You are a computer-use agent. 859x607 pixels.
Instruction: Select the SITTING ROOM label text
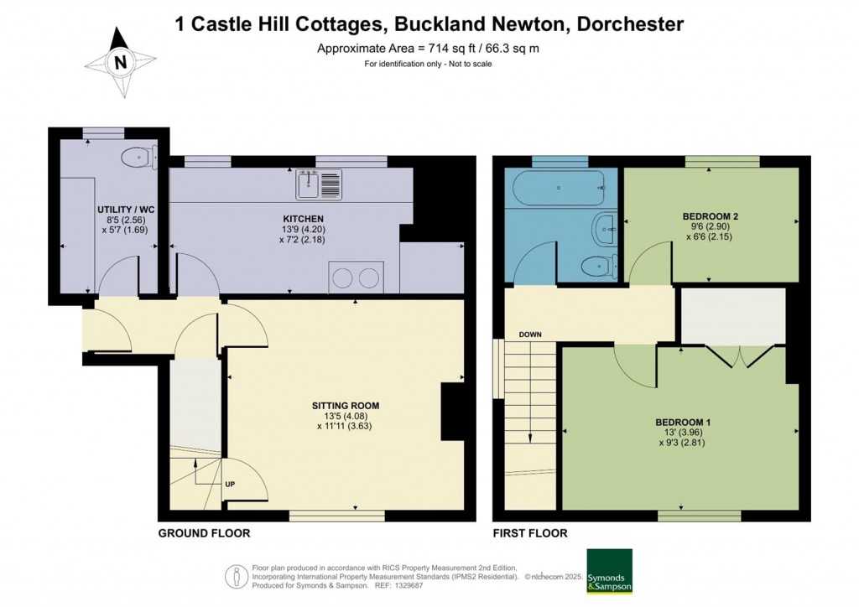pyautogui.click(x=339, y=405)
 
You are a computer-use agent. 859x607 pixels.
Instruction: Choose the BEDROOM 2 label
pyautogui.click(x=710, y=216)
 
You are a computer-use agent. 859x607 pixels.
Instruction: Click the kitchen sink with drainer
pyautogui.click(x=319, y=184)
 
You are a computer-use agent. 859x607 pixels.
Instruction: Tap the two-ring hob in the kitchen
pyautogui.click(x=357, y=277)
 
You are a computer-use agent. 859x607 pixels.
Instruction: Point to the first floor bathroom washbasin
pyautogui.click(x=605, y=227)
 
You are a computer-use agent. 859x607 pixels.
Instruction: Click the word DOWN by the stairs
pyautogui.click(x=530, y=335)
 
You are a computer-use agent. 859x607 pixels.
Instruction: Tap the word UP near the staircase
pyautogui.click(x=230, y=484)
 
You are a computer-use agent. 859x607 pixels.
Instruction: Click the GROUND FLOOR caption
pyautogui.click(x=204, y=533)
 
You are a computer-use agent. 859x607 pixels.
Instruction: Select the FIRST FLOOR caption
pyautogui.click(x=529, y=533)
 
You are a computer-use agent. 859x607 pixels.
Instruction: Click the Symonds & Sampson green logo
pyautogui.click(x=609, y=571)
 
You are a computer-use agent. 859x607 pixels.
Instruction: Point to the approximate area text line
pyautogui.click(x=428, y=49)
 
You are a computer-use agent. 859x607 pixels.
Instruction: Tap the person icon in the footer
pyautogui.click(x=235, y=576)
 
